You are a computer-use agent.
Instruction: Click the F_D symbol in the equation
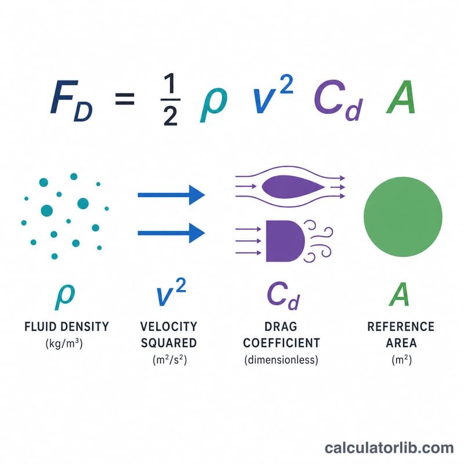tap(71, 100)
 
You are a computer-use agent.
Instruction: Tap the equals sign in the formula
tap(125, 99)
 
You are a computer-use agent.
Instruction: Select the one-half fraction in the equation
tap(171, 99)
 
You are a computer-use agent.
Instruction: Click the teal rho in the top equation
tap(213, 105)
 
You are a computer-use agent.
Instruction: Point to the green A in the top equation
tap(401, 97)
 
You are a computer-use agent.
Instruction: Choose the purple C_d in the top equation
tap(339, 100)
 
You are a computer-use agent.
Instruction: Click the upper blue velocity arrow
tap(171, 195)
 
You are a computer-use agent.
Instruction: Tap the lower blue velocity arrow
tap(171, 233)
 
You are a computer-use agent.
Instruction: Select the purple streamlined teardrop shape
tap(293, 187)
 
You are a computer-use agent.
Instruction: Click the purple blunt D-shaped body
tap(285, 241)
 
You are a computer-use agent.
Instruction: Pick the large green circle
tap(403, 216)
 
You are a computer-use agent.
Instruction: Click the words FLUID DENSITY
tap(67, 327)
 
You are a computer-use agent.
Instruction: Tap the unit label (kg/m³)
tap(64, 343)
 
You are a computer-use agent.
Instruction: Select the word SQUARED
tap(169, 343)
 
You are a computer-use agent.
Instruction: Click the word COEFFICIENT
tap(281, 343)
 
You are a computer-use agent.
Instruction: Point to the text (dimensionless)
tap(281, 360)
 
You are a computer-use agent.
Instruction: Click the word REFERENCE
tap(401, 327)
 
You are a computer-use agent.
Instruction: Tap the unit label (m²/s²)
tap(170, 360)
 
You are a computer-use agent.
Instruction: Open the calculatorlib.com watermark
tap(389, 448)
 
